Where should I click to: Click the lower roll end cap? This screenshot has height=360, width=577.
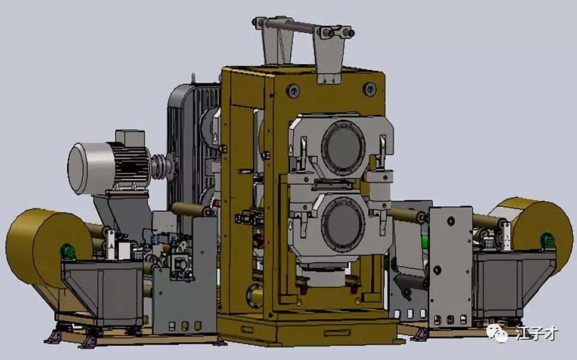coord(343,225)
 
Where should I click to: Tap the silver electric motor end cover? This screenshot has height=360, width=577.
coord(82,168)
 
